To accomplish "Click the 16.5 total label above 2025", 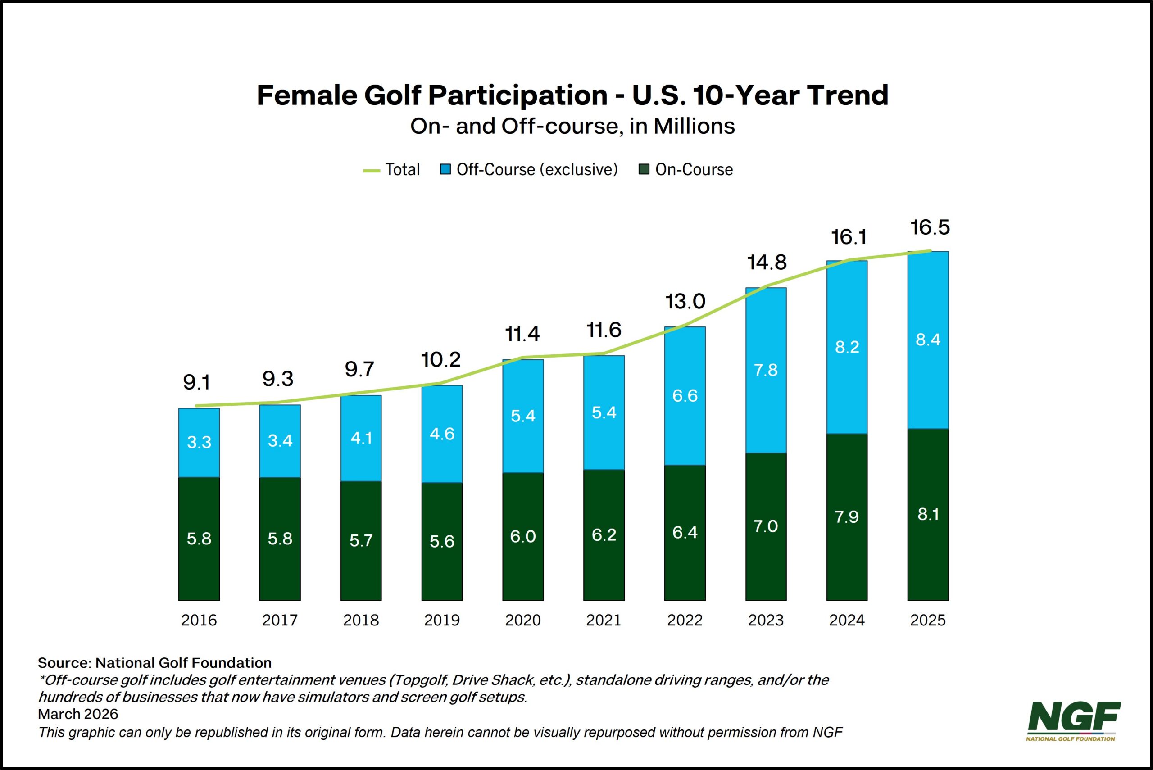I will click(930, 228).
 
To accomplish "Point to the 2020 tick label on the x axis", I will click(522, 620).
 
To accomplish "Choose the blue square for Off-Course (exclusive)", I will click(445, 169).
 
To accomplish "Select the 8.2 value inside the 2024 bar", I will click(847, 347).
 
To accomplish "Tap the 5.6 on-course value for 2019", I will click(442, 541).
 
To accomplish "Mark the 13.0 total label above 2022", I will click(685, 302).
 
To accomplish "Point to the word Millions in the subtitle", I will click(694, 126).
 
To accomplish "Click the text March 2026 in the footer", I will click(78, 714).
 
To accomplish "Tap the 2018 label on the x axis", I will click(361, 620).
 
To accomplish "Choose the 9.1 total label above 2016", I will click(196, 382).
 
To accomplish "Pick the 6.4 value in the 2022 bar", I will click(685, 532).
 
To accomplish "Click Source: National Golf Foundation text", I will click(154, 662).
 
